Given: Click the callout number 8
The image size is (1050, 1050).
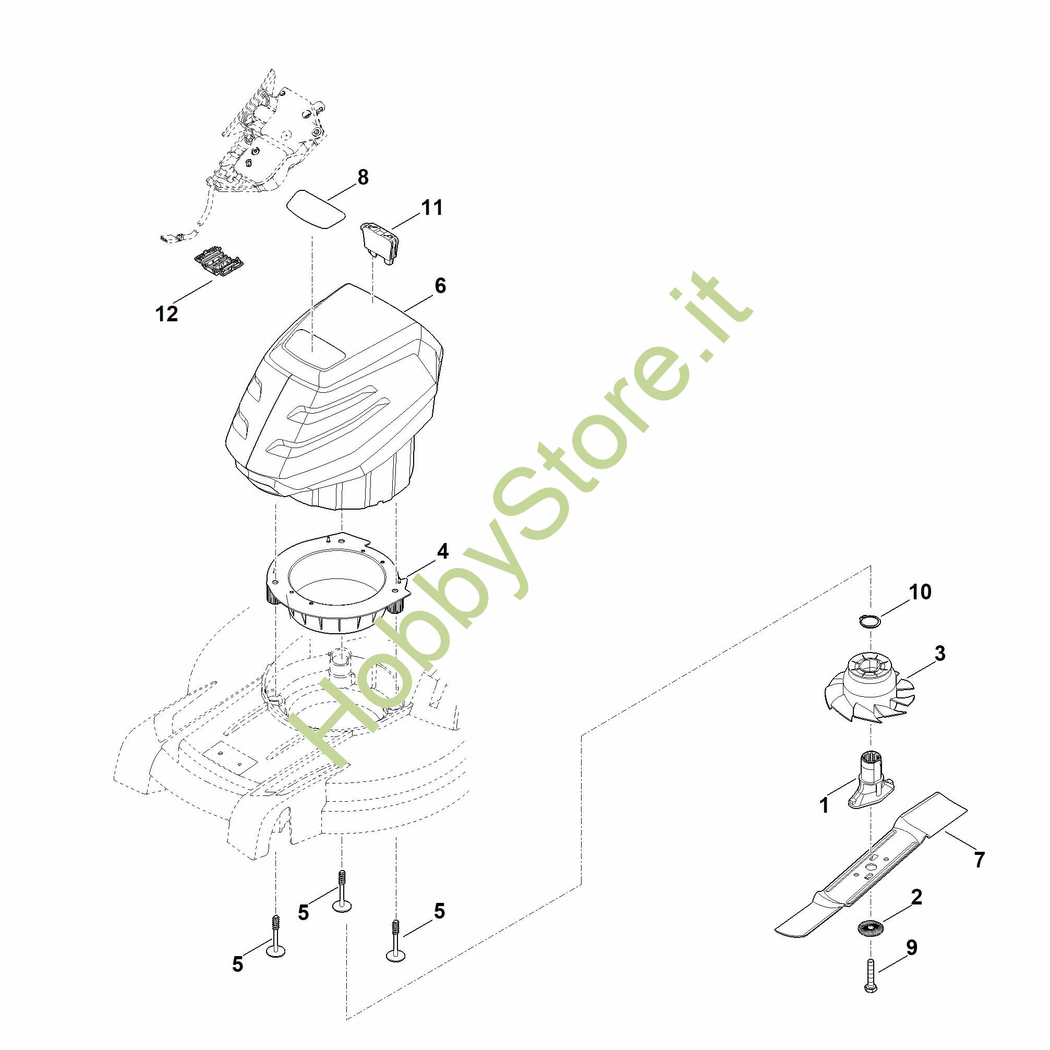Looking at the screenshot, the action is [x=363, y=177].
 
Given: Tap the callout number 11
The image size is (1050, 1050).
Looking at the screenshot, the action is [x=431, y=208].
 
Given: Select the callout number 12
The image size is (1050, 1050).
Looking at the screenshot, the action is [x=166, y=313].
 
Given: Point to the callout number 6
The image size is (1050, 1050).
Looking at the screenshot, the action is [x=440, y=286].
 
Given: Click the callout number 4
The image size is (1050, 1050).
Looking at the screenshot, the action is [x=443, y=552].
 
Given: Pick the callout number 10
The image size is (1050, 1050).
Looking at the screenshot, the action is [x=920, y=592].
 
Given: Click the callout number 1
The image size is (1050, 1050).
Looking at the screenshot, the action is [x=824, y=805].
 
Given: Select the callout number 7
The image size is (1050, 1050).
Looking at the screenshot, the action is [x=979, y=860].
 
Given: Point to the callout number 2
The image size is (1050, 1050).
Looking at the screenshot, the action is [x=916, y=897].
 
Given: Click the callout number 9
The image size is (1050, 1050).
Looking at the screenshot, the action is [x=911, y=947].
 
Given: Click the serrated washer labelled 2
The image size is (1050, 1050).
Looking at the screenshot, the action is [x=870, y=928].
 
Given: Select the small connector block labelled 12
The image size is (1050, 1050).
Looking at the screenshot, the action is [x=220, y=261].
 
